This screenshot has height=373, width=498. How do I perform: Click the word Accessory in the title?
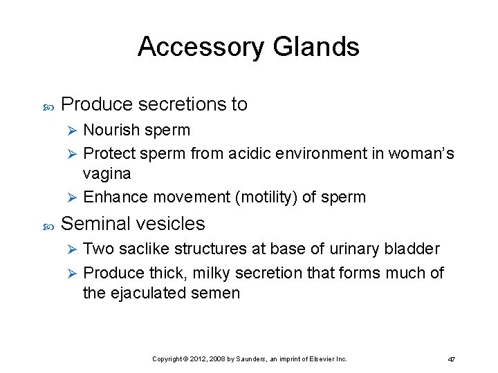tap(201, 47)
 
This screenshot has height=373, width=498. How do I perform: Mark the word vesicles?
tap(174, 224)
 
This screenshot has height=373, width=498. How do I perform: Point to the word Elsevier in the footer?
tap(320, 359)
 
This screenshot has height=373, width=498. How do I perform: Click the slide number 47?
tap(451, 359)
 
